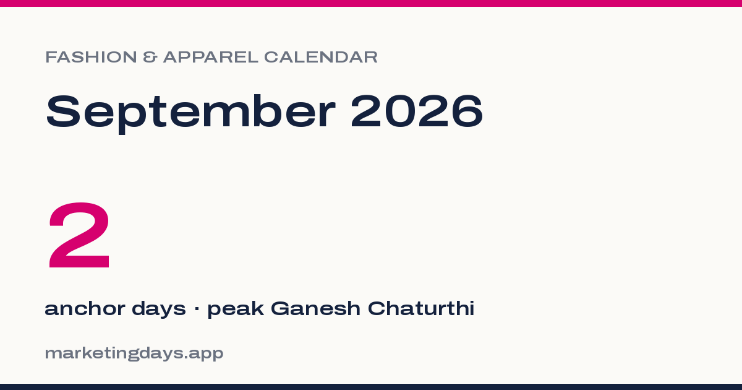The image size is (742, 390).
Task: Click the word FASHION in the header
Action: point(91,57)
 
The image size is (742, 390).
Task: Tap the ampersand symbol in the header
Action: point(150,57)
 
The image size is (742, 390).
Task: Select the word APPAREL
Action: point(211,57)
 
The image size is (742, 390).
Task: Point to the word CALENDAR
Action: point(321,57)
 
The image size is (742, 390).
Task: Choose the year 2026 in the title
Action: point(417,111)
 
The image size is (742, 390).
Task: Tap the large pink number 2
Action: point(79,235)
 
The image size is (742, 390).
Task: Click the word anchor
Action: point(85,308)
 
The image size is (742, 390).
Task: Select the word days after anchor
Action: point(159,310)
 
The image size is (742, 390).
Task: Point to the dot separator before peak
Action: point(197,309)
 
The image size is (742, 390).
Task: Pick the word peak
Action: point(236,310)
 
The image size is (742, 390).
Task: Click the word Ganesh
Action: point(315,308)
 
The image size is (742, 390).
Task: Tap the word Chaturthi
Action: point(421,308)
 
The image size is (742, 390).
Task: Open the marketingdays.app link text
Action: point(134,353)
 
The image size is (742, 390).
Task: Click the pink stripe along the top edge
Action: point(371,3)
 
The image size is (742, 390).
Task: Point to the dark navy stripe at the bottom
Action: point(371,387)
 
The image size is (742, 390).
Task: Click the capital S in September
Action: point(63,111)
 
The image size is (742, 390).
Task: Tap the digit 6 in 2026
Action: point(467,111)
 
